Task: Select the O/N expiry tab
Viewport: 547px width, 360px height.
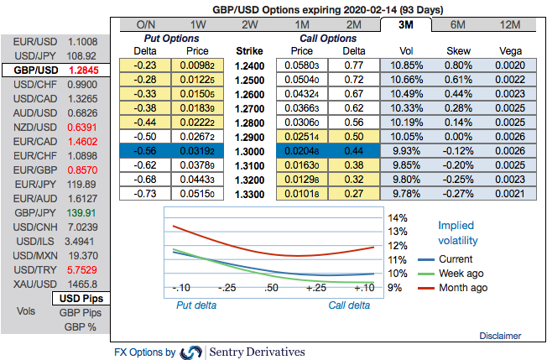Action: [x=145, y=24]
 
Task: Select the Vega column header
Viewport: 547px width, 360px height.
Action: [x=510, y=50]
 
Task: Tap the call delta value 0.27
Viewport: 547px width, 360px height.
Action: [x=352, y=193]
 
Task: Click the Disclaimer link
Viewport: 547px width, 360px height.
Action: [x=501, y=336]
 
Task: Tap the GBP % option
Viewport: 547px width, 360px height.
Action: [x=81, y=327]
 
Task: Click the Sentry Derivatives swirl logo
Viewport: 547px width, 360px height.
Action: [x=191, y=352]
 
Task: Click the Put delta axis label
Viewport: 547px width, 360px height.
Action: [x=195, y=305]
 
